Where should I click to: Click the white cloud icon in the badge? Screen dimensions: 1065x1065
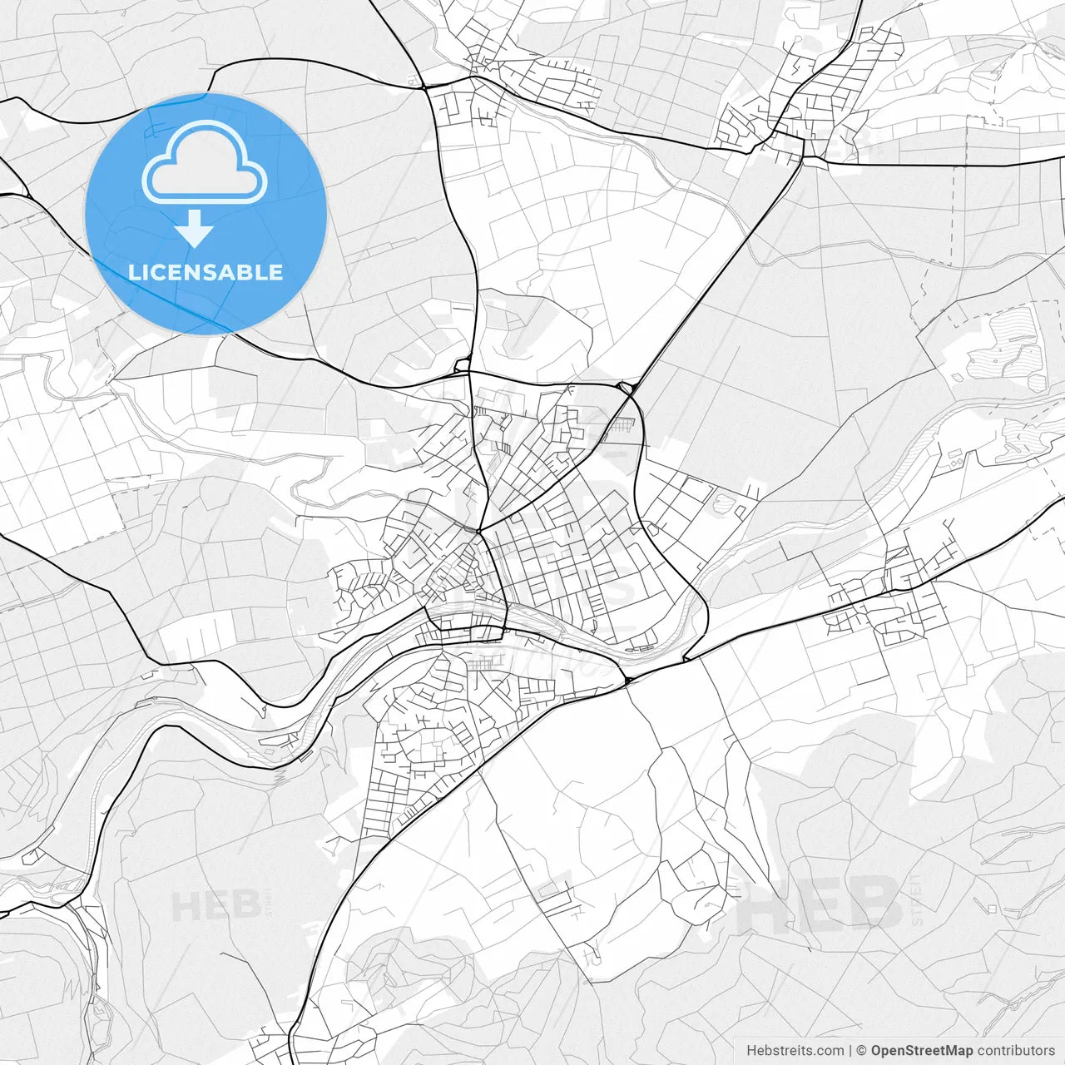click(x=205, y=162)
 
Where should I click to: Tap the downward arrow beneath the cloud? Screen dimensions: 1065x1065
click(x=195, y=228)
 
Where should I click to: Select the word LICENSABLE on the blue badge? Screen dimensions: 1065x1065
click(x=206, y=272)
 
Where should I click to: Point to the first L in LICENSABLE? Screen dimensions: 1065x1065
click(x=133, y=272)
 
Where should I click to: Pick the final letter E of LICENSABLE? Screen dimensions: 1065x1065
click(x=275, y=272)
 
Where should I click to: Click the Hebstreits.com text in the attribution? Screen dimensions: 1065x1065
click(x=795, y=1051)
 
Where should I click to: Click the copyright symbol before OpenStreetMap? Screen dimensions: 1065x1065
click(x=862, y=1051)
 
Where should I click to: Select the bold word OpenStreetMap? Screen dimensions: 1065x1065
click(x=921, y=1051)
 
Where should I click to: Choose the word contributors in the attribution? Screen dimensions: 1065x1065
click(x=1015, y=1051)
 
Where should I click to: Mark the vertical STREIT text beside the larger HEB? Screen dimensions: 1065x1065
click(x=913, y=904)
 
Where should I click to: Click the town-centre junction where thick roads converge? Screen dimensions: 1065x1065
click(x=478, y=531)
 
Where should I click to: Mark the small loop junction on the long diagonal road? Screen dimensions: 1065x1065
click(x=625, y=387)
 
